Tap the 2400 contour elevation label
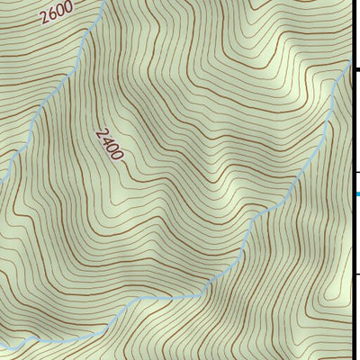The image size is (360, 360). click(110, 141)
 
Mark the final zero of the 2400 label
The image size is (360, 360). click(118, 154)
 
